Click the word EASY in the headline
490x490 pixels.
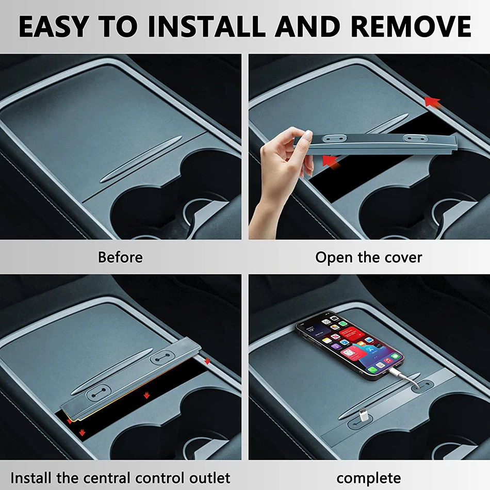point(54,26)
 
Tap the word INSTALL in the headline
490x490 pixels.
point(207,26)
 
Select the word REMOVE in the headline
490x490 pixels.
point(411,26)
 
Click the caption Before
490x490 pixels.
point(120,257)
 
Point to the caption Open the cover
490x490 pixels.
point(368,257)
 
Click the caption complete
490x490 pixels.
point(369,478)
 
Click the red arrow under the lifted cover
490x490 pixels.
point(331,162)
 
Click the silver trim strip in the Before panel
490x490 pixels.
point(141,159)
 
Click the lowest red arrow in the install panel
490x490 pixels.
point(82,432)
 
